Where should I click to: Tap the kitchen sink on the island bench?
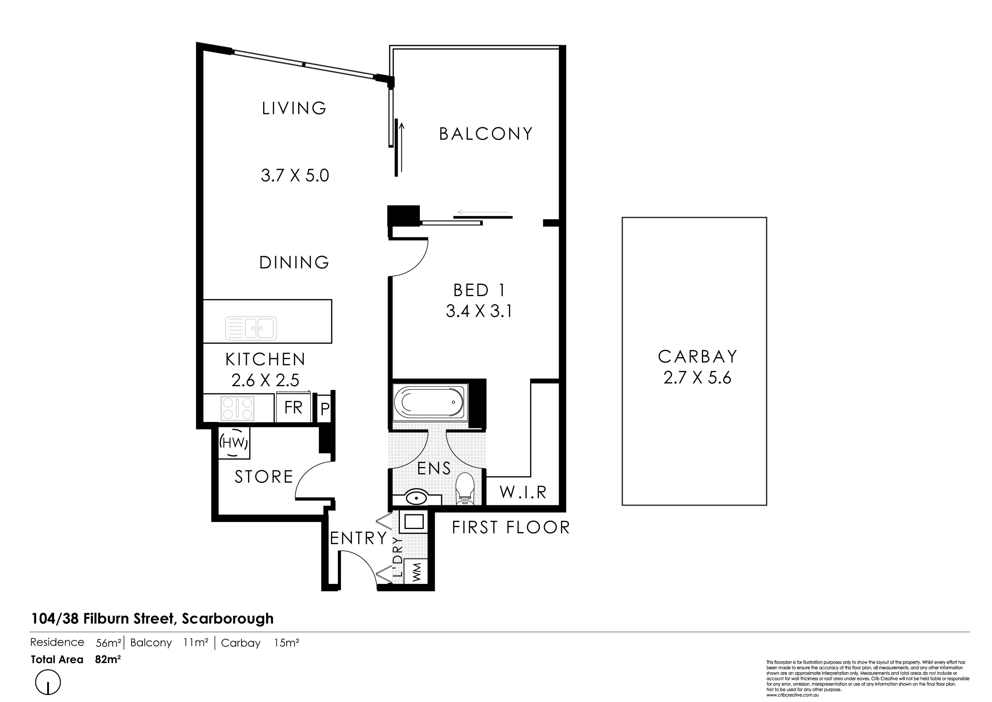251,329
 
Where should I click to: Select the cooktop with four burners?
237,408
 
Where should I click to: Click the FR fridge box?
293,407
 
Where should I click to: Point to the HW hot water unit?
234,443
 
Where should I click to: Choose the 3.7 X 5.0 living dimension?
295,176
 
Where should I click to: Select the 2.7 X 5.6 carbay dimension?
697,378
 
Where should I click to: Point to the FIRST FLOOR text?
511,527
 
